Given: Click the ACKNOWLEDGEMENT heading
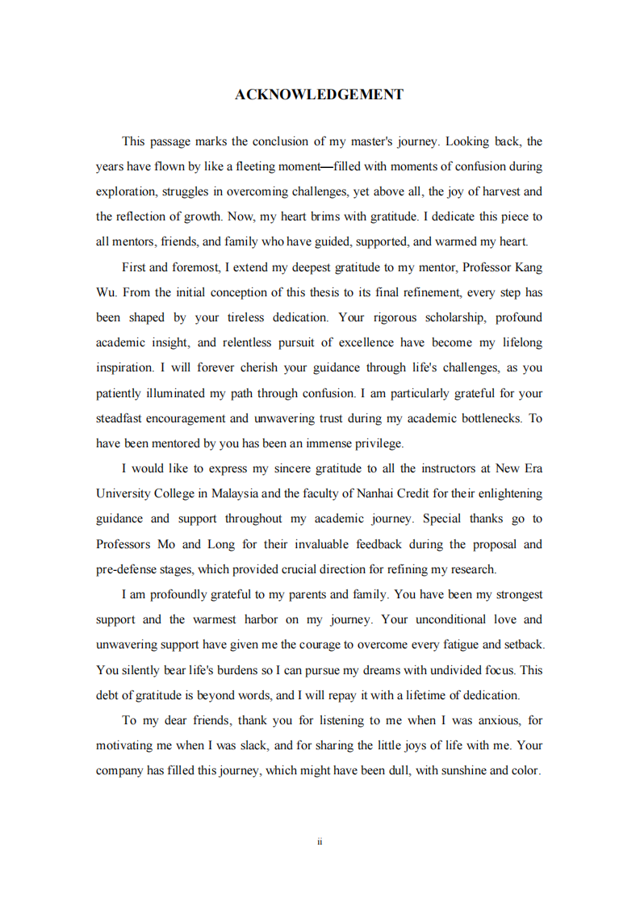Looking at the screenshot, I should click(x=319, y=95).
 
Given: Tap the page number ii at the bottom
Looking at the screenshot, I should click(x=320, y=841).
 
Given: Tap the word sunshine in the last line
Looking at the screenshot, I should click(x=450, y=770).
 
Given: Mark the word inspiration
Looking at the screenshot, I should click(x=124, y=368).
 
